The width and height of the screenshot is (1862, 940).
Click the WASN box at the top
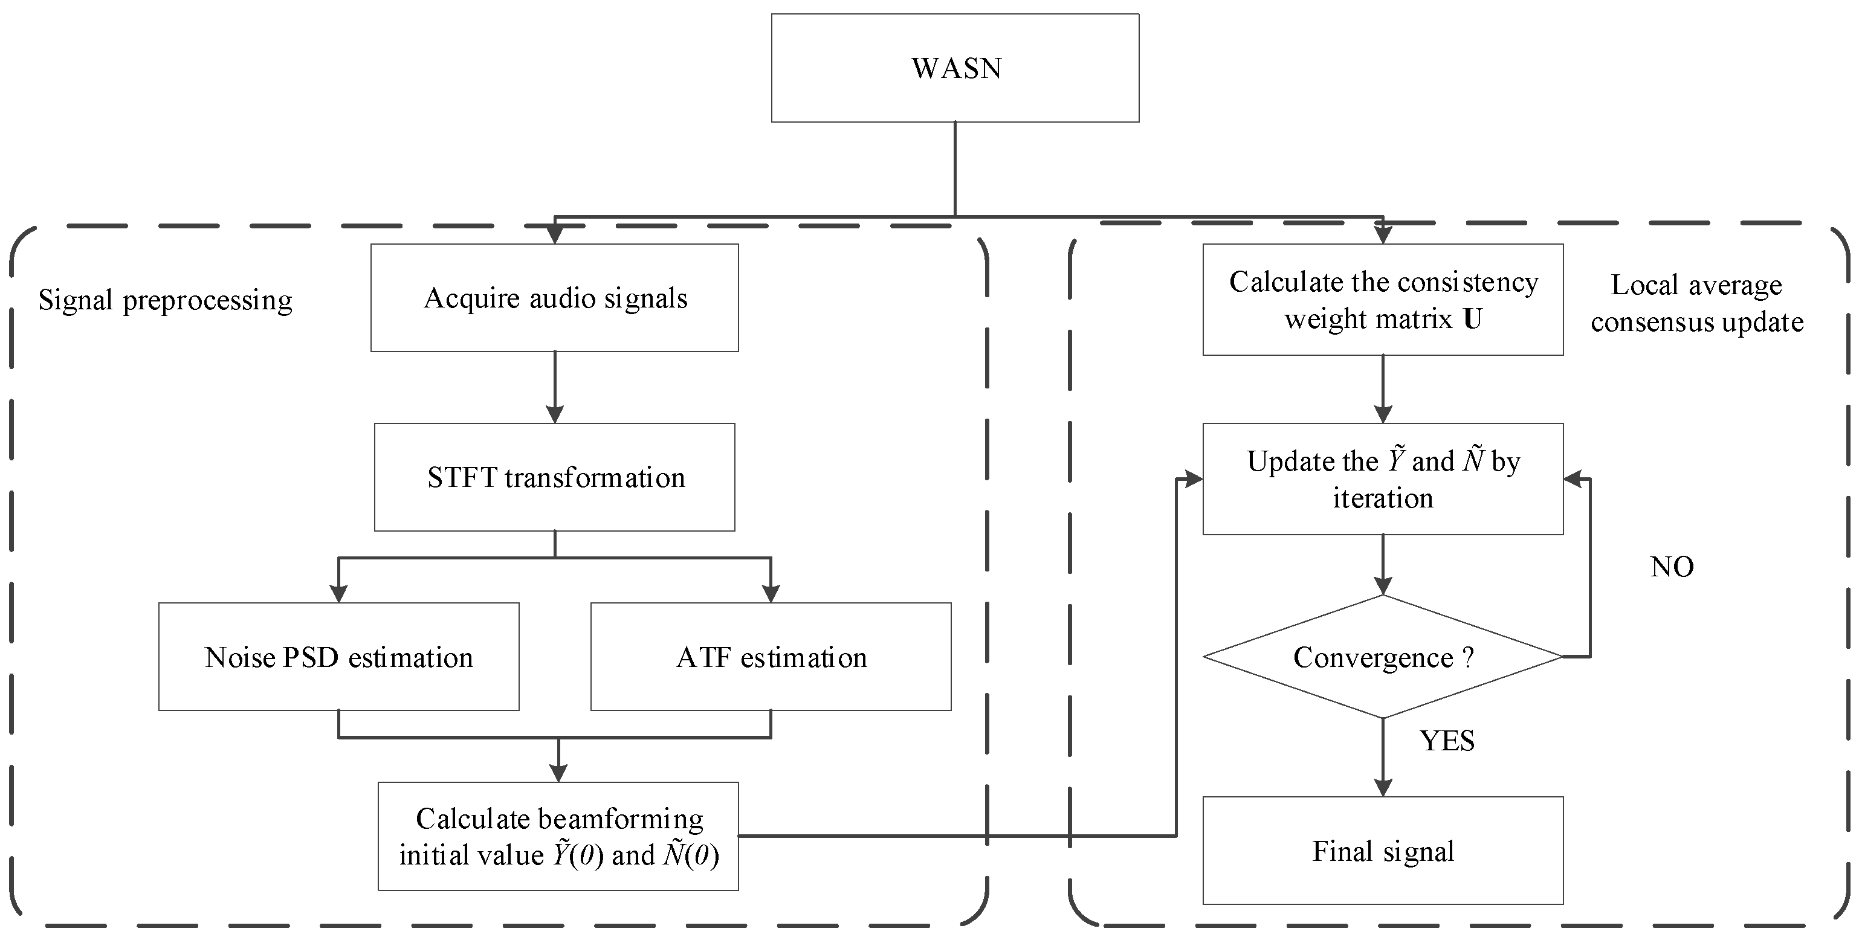[955, 68]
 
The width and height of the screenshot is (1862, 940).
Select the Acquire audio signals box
[554, 298]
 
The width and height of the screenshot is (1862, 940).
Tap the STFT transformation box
[554, 477]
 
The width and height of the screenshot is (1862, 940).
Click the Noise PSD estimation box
[338, 657]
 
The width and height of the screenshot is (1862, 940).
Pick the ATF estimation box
[771, 657]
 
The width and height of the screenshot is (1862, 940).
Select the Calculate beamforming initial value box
[558, 836]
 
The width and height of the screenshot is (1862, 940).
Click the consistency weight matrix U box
[1382, 299]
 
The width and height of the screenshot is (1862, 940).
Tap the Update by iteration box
[1382, 479]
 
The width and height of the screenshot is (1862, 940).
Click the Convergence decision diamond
[1382, 657]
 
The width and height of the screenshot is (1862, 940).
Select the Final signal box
[1382, 851]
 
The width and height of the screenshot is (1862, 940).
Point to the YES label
[1446, 741]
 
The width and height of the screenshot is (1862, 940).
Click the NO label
[1671, 567]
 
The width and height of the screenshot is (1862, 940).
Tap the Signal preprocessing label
[165, 300]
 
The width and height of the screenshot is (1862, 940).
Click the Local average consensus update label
[1696, 303]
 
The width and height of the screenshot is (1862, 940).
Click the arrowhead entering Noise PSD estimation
[338, 593]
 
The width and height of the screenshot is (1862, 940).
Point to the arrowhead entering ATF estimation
[771, 593]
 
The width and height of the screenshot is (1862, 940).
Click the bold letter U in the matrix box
[1472, 318]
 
